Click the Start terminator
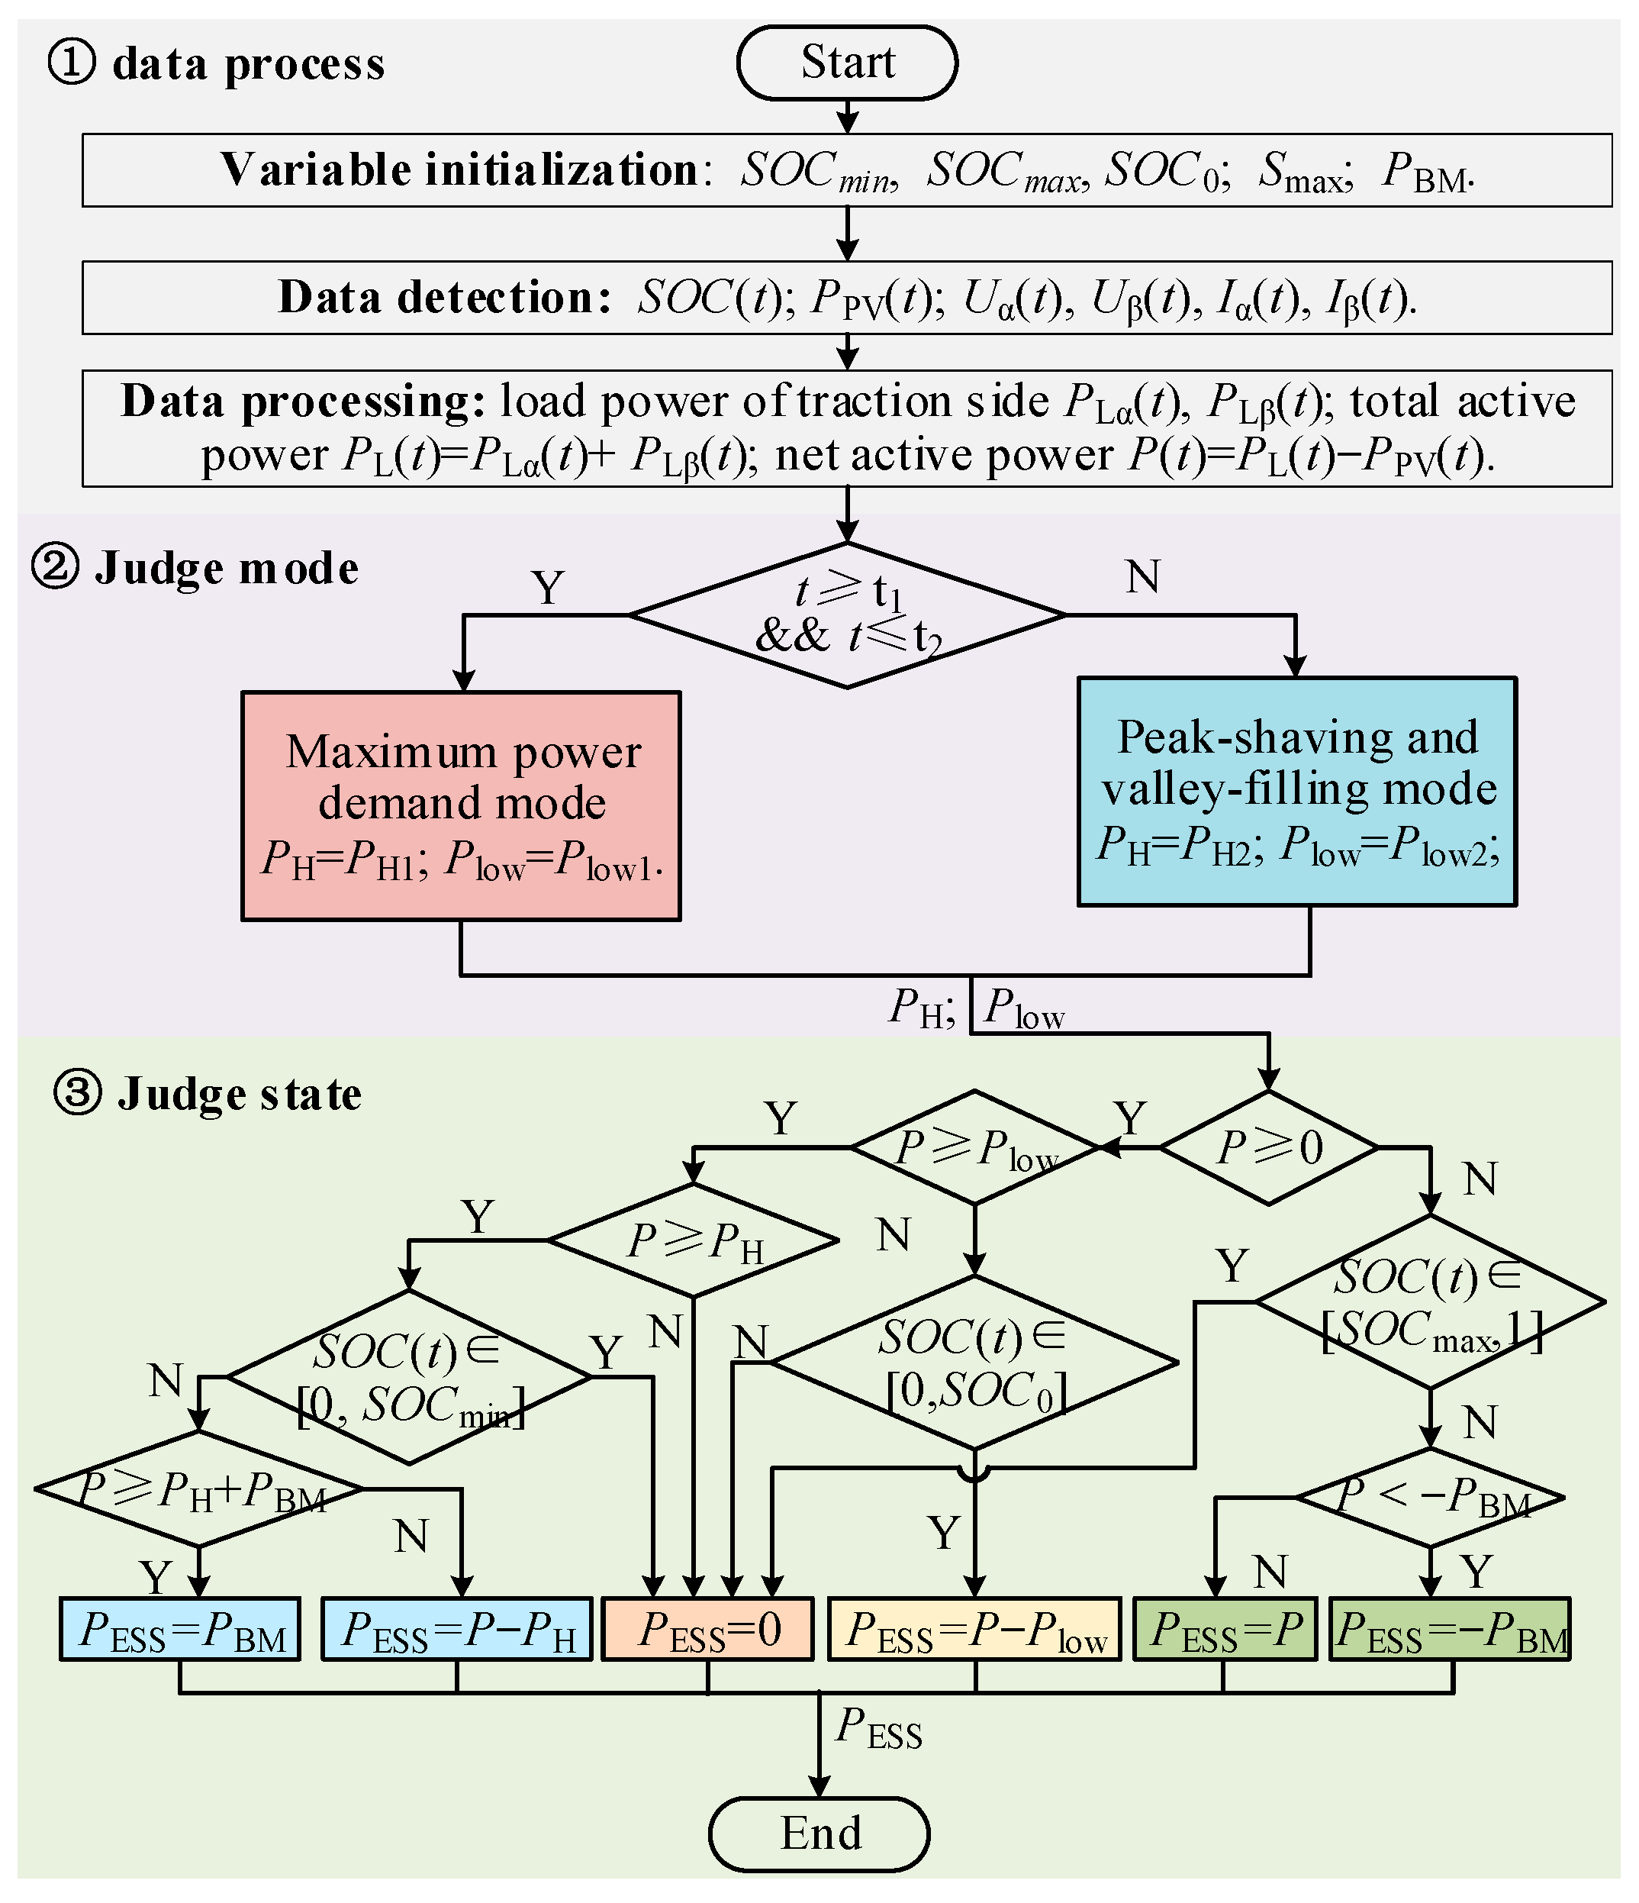pos(846,63)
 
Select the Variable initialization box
pos(846,170)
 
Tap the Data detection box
pos(846,298)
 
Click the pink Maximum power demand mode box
pos(461,805)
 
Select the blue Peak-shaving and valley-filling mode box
pos(1296,792)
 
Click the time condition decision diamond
pos(846,614)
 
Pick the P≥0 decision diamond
pos(1269,1147)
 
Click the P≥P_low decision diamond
pos(975,1147)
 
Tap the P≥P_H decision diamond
pos(694,1240)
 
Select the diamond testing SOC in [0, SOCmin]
pos(408,1377)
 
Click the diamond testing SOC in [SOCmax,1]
pos(1430,1301)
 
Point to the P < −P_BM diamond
pos(1430,1497)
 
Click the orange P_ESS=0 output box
pos(707,1628)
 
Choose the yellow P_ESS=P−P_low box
pos(975,1628)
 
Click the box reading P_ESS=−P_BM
pos(1451,1628)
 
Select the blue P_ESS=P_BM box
pos(180,1628)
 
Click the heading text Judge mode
pos(226,568)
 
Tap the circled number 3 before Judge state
pos(77,1093)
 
